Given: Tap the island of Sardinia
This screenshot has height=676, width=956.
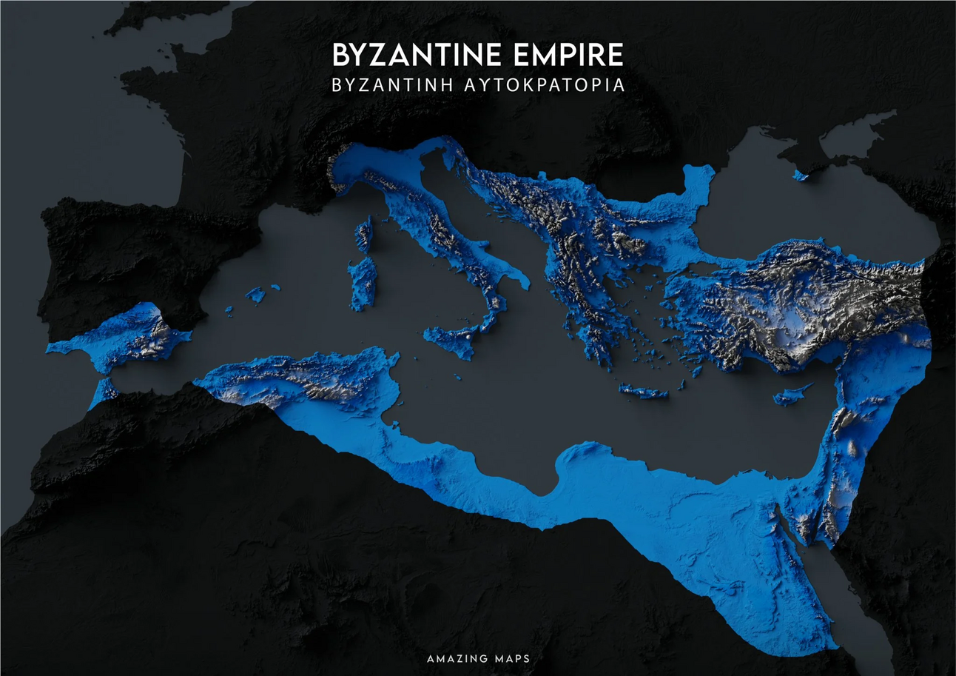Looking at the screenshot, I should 363,284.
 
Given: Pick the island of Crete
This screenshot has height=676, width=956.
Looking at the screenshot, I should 643,392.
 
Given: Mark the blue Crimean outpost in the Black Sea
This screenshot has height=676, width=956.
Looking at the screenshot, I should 800,175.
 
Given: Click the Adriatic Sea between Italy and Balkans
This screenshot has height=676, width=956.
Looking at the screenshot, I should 474,215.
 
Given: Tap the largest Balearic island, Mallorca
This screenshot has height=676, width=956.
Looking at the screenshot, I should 255,295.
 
